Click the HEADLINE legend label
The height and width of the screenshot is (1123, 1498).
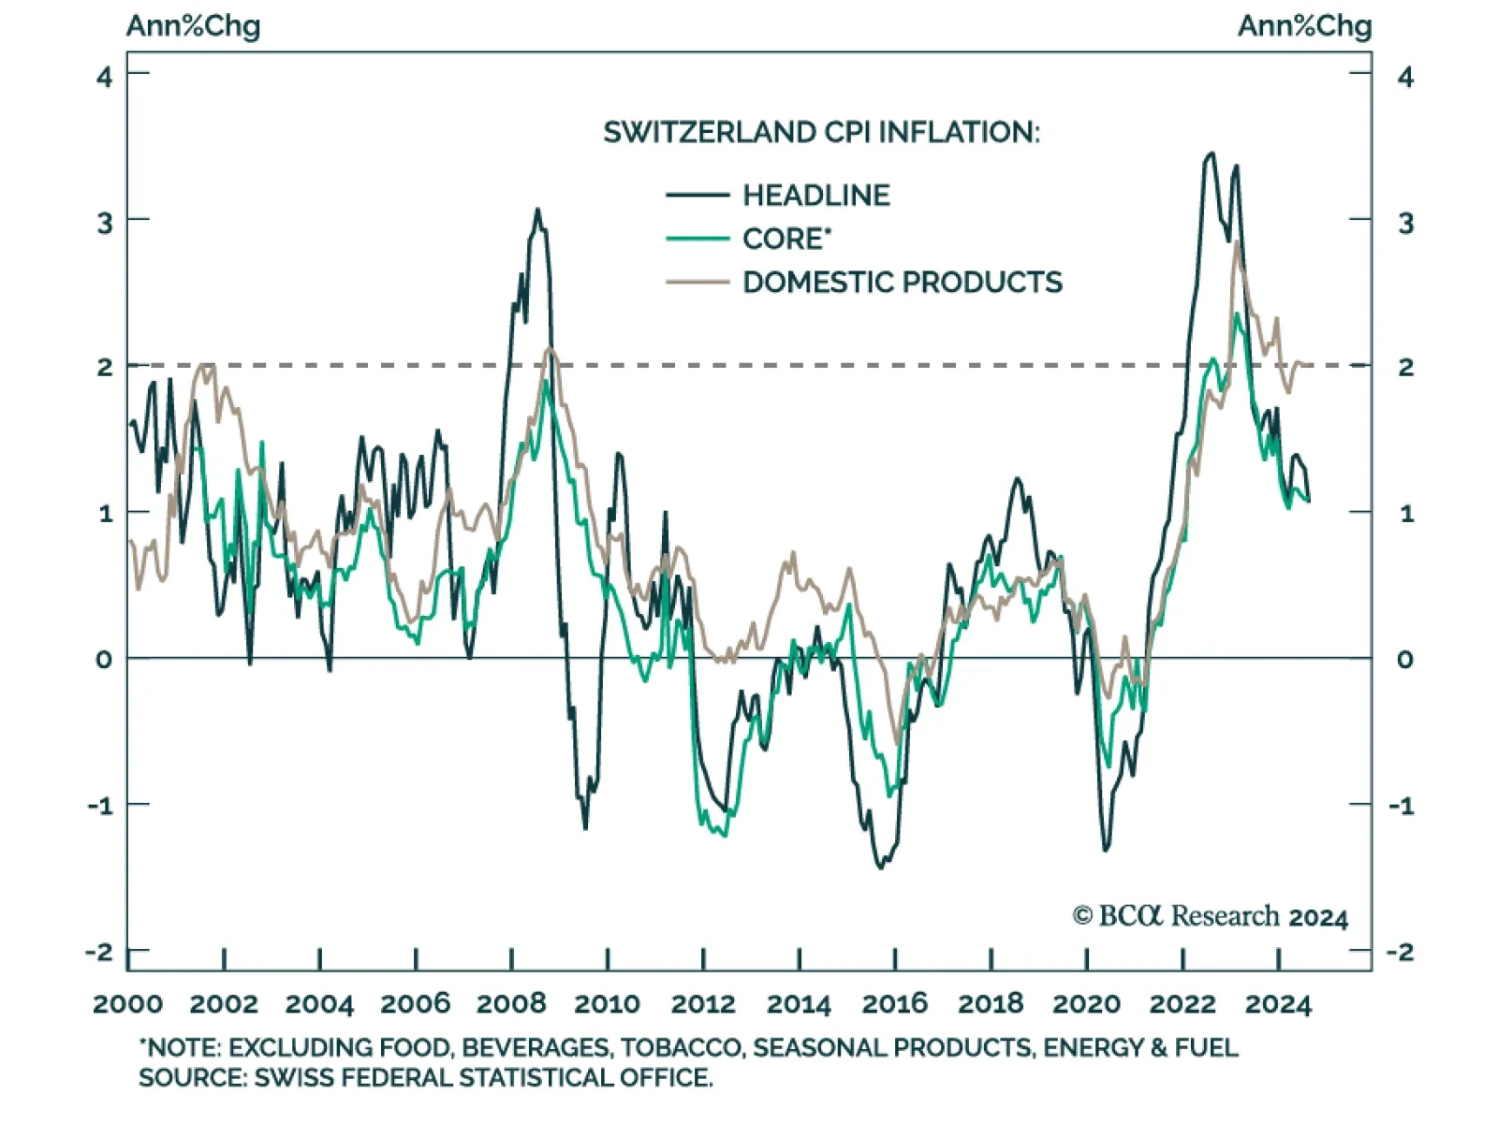click(x=815, y=195)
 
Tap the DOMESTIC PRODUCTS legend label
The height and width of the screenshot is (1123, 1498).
click(x=903, y=282)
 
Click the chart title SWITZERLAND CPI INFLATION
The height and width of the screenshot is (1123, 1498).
click(x=821, y=132)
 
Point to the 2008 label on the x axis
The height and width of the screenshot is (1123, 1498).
click(x=511, y=1004)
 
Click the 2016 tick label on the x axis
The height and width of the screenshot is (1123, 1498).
click(x=894, y=1004)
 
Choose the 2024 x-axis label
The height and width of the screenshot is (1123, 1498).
click(x=1278, y=1004)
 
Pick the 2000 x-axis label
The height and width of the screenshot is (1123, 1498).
click(x=128, y=1004)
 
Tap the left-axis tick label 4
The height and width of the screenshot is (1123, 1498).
click(x=104, y=77)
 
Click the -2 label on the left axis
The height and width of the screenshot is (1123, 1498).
click(x=99, y=952)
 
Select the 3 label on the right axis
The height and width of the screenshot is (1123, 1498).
click(x=1405, y=224)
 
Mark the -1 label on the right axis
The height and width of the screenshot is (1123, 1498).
click(x=1401, y=806)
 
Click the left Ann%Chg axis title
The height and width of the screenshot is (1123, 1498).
click(x=193, y=26)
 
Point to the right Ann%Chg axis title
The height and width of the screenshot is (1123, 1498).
click(x=1304, y=26)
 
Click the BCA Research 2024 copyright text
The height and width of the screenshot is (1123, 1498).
click(x=1210, y=916)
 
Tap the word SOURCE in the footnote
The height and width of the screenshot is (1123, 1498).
click(x=191, y=1077)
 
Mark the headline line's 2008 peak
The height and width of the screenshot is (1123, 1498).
click(x=537, y=210)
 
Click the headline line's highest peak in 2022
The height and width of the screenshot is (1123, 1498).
click(x=1212, y=153)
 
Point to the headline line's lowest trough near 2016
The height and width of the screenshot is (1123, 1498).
click(x=880, y=868)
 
